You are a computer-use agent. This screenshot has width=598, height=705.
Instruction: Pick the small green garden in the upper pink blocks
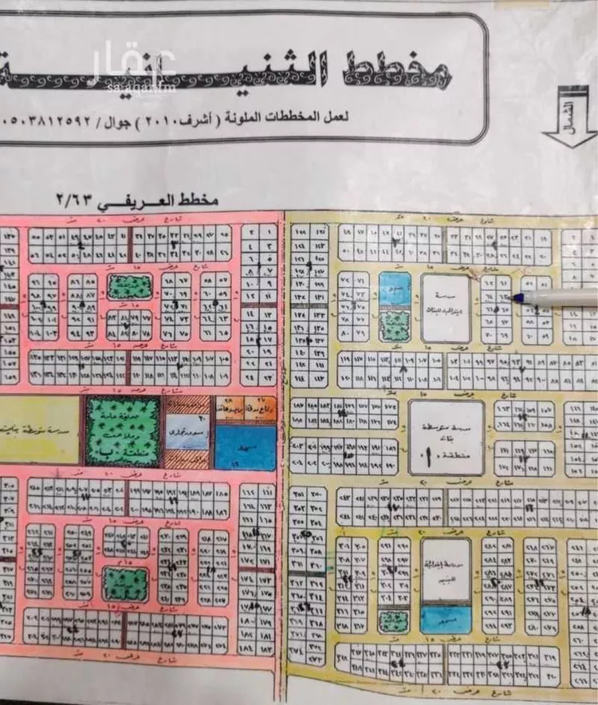tap(130, 286)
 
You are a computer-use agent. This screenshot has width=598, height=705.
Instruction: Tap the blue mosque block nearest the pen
tap(395, 289)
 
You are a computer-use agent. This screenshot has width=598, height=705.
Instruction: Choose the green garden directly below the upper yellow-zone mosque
tap(395, 325)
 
